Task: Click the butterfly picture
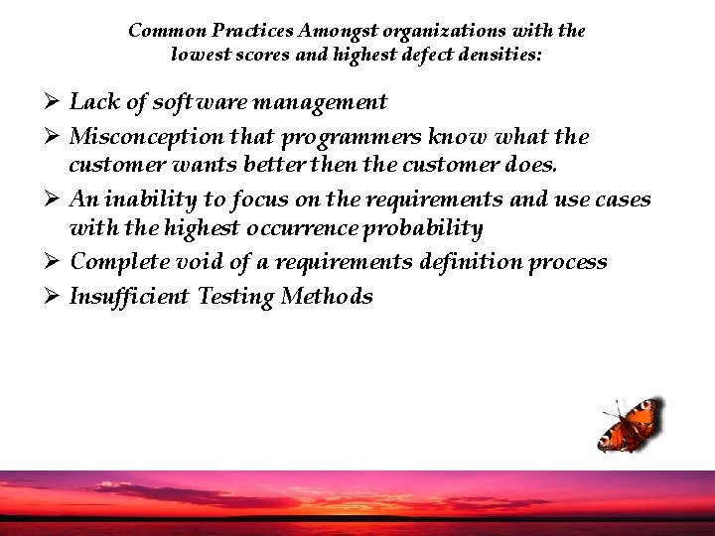630,424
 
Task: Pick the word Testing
235,297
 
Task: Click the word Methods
327,296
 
